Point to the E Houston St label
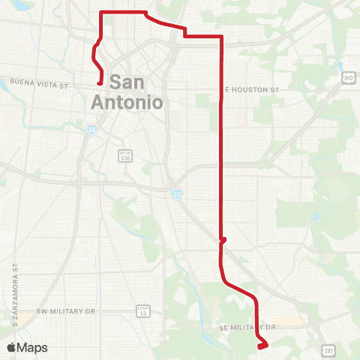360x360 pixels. (253, 89)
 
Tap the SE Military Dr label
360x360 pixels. (249, 328)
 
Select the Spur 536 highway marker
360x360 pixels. (125, 156)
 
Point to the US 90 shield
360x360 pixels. (349, 77)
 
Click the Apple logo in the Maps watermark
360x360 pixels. (11, 347)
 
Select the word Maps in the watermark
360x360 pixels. (32, 347)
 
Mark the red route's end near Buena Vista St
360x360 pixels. (100, 84)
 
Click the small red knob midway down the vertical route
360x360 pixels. (223, 241)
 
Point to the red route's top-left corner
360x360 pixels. (102, 13)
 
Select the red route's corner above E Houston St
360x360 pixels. (222, 36)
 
